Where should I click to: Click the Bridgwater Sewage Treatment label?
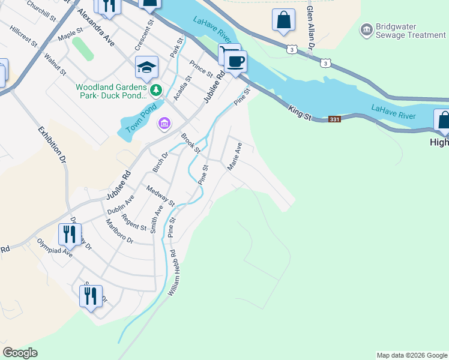tap(411, 31)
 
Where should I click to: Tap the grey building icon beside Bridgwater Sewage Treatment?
tap(366, 29)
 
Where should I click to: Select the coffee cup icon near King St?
tap(236, 61)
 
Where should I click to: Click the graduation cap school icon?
tap(146, 68)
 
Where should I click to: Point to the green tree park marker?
tap(156, 91)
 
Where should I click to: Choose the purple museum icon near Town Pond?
tap(164, 124)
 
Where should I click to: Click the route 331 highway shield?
tap(335, 119)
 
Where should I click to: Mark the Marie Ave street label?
tap(234, 157)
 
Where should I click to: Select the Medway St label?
tap(160, 195)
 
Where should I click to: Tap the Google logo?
tap(20, 353)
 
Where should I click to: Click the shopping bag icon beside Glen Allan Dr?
tap(283, 20)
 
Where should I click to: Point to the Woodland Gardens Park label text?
tap(111, 91)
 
